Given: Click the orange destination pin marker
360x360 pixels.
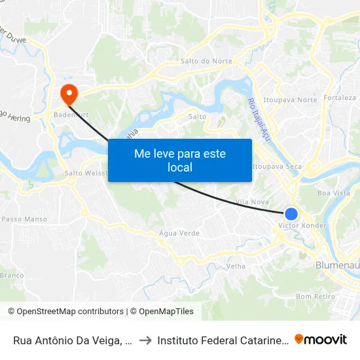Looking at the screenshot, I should click(x=67, y=94).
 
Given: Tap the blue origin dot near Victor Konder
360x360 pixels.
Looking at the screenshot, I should click(x=291, y=214).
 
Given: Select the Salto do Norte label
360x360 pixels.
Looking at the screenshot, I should click(x=206, y=62).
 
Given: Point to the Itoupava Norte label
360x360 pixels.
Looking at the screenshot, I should click(x=290, y=100).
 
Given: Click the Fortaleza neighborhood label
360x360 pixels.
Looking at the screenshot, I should click(x=339, y=98).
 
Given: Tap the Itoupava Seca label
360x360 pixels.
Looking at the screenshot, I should click(x=277, y=166).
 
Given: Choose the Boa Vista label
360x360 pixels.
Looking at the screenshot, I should click(x=333, y=193).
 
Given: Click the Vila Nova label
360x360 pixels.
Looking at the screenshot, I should click(x=252, y=202).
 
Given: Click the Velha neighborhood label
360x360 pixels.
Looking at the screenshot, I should click(x=236, y=267).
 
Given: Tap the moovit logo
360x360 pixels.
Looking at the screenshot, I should click(x=321, y=339).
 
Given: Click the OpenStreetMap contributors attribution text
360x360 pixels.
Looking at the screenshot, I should click(x=65, y=312).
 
